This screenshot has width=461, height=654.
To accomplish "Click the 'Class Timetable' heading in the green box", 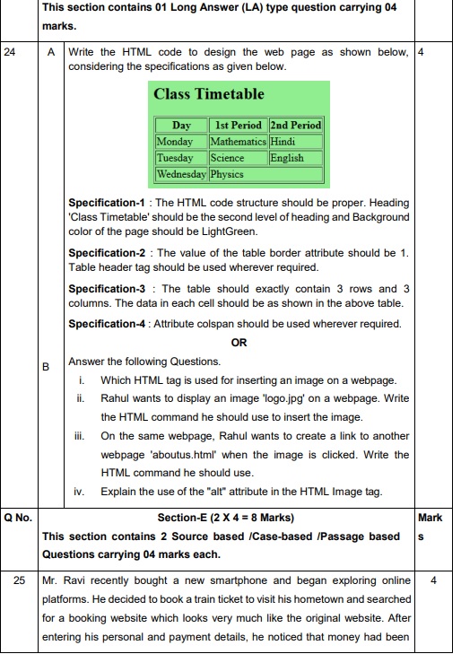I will click(208, 94).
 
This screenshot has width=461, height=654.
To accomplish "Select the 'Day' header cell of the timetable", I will click(181, 126).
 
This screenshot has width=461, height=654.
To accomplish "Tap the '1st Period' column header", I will click(238, 126).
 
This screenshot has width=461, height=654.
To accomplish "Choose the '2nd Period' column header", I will click(295, 126).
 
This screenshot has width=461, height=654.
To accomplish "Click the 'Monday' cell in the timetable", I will click(175, 142).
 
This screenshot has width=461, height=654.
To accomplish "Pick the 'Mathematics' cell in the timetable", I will click(238, 142).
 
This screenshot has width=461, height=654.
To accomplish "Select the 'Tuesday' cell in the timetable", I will click(175, 158).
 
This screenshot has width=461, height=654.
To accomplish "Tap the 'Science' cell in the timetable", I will click(227, 158).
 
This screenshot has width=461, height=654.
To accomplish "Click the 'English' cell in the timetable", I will click(287, 158).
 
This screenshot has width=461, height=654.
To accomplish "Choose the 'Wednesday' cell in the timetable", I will click(181, 174).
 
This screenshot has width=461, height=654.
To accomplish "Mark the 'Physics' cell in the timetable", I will click(228, 174).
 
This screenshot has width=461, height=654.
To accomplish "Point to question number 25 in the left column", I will click(19, 580).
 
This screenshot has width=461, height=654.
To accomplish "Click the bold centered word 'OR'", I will click(239, 343).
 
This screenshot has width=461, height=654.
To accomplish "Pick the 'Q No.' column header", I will click(18, 518).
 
